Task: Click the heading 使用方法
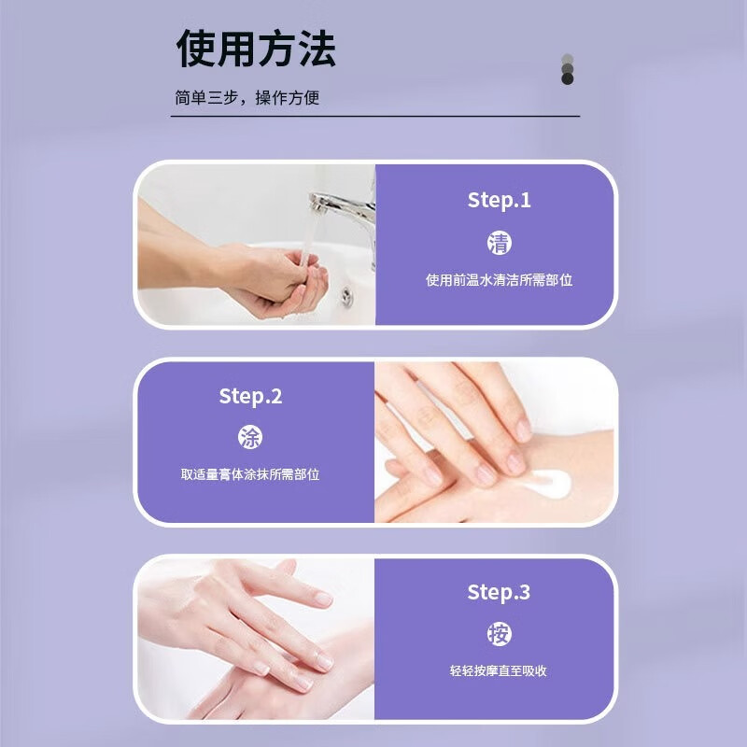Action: (x=256, y=49)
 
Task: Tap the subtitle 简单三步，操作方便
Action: (x=247, y=98)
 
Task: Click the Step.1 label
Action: (x=499, y=201)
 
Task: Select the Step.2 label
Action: (x=250, y=396)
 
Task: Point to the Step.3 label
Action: (x=499, y=592)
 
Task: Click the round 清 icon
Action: (x=500, y=243)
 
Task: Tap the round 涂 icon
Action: (x=250, y=438)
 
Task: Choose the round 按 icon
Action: (x=500, y=634)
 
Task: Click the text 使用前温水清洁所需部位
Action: (x=500, y=280)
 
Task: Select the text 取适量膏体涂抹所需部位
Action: (x=250, y=474)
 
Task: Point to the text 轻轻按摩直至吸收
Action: (x=500, y=670)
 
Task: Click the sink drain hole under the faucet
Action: (x=346, y=296)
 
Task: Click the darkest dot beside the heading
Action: (x=567, y=78)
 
